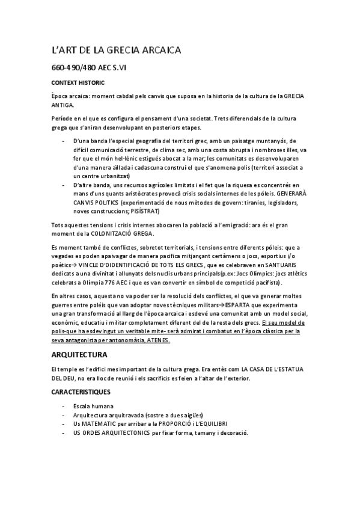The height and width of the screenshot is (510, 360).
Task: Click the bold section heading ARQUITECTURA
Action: tap(79, 355)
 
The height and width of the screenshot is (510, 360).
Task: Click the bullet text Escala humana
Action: tap(93, 407)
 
